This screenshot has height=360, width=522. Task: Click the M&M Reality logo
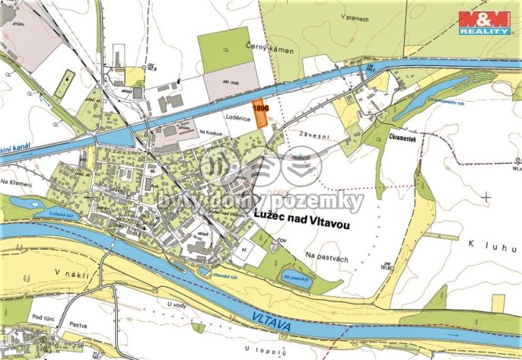(x=484, y=23)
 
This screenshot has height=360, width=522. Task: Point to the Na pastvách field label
(x=326, y=259)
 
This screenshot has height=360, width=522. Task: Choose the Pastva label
(x=76, y=325)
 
